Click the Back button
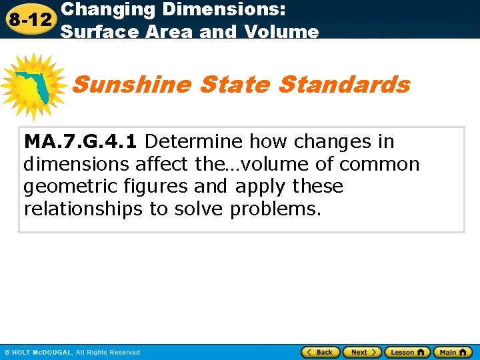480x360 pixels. [x=320, y=352]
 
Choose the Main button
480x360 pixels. [x=452, y=352]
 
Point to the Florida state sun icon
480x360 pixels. [x=33, y=87]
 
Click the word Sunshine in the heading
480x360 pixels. [x=133, y=85]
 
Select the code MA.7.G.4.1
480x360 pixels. [x=81, y=141]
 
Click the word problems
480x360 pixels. [x=275, y=209]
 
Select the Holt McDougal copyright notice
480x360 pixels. [x=72, y=352]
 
